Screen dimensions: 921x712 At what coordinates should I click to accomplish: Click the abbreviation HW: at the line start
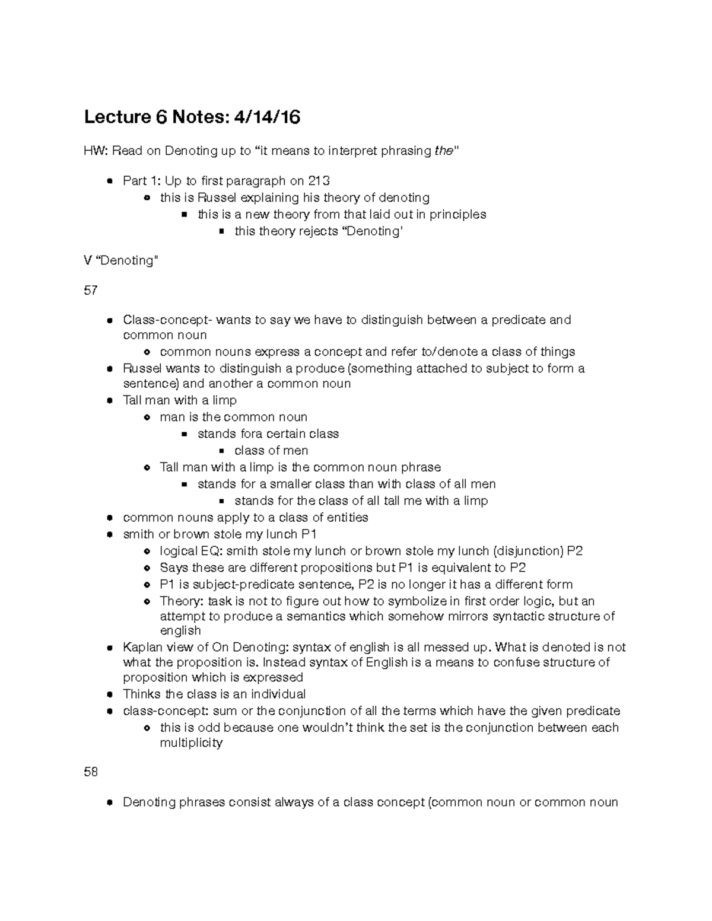click(96, 151)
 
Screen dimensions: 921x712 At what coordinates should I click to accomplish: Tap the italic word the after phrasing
click(443, 151)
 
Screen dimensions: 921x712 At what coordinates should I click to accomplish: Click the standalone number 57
click(91, 290)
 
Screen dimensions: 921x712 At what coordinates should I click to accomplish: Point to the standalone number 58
click(91, 772)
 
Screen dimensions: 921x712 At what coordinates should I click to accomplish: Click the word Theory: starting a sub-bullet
click(182, 601)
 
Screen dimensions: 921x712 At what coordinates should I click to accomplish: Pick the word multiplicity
click(191, 742)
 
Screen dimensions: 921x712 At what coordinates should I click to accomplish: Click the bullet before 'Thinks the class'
click(110, 694)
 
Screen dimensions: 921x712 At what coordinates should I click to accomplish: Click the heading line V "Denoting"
click(121, 260)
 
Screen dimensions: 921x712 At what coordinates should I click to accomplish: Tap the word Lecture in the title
click(117, 117)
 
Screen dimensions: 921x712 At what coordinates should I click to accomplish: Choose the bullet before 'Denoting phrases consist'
click(110, 803)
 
